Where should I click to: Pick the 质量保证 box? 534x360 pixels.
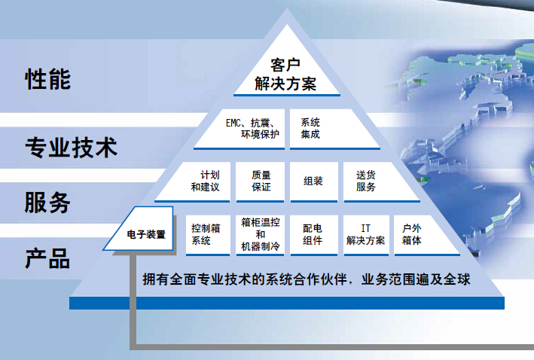260,182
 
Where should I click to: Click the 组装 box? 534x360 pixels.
313,182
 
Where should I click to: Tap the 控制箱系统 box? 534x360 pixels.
208,235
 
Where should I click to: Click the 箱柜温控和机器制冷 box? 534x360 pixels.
260,235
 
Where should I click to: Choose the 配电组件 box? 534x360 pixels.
313,235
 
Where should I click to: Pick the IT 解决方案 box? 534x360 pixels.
366,235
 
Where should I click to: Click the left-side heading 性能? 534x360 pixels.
48,79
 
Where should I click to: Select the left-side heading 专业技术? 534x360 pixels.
72,148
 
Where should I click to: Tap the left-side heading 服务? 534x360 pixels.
47,203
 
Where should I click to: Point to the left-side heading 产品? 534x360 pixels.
47,258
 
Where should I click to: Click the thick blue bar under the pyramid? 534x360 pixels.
287,303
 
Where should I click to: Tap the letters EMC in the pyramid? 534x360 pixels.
233,123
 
